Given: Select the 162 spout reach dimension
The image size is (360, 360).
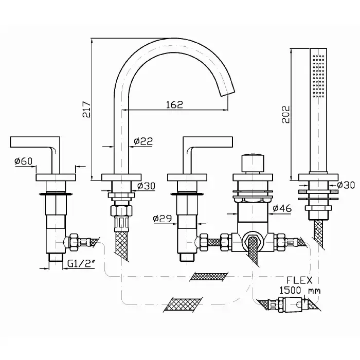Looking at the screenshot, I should pos(174,104).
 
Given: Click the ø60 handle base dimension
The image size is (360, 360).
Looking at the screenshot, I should pos(24,161).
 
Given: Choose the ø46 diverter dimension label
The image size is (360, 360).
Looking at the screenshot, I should pos(282,208).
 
